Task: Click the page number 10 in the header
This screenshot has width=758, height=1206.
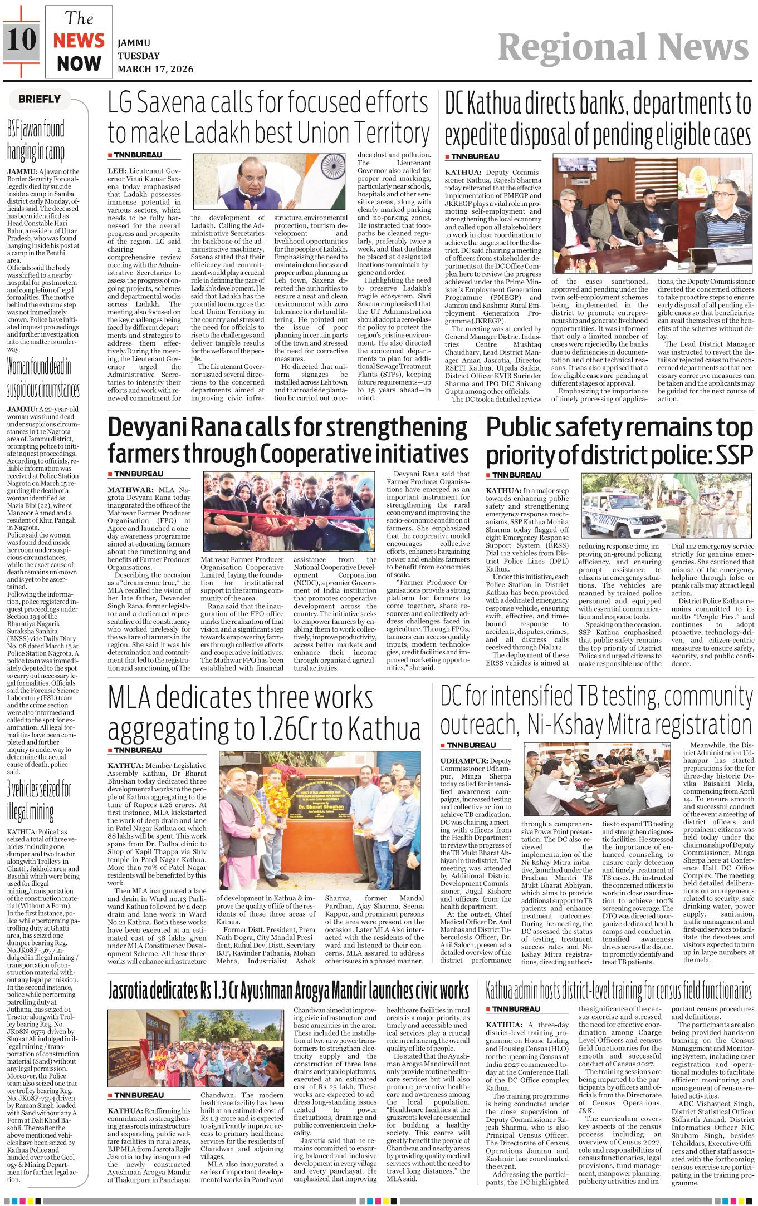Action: [x=21, y=40]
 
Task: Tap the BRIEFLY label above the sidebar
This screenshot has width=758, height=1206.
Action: [x=39, y=99]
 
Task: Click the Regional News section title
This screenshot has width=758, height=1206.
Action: [x=623, y=47]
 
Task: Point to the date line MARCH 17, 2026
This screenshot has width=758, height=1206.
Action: [x=155, y=69]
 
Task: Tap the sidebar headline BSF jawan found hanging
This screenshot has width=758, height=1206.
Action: [x=36, y=140]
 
